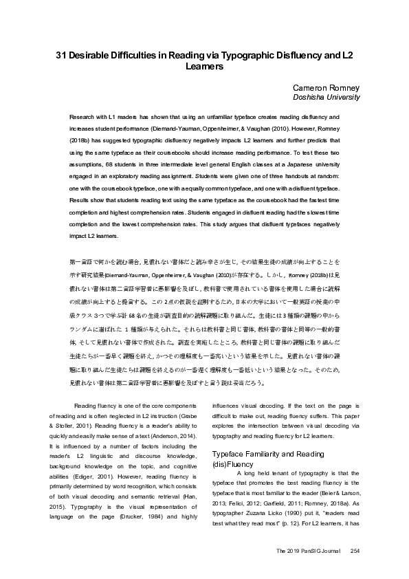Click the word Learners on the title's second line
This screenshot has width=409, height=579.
pos(204,68)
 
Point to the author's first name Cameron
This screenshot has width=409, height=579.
pos(313,89)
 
